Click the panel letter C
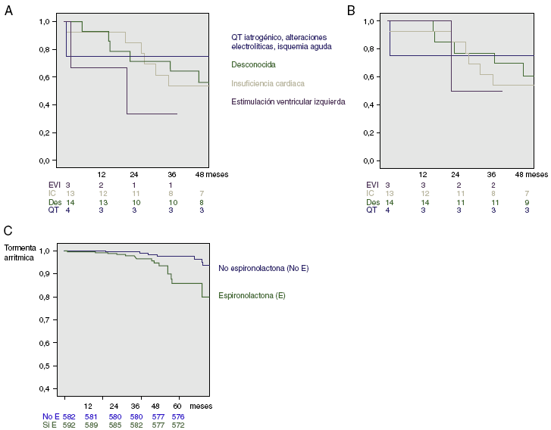click(8, 230)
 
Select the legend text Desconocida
click(253, 66)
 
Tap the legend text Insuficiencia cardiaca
click(270, 83)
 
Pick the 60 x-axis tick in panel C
click(177, 407)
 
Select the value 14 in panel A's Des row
click(70, 202)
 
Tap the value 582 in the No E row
click(69, 416)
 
